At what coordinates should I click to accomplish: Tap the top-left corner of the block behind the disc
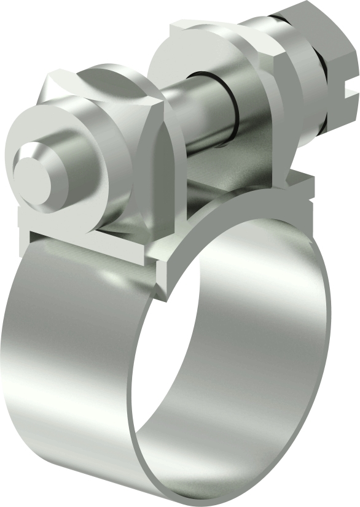point(178,28)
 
